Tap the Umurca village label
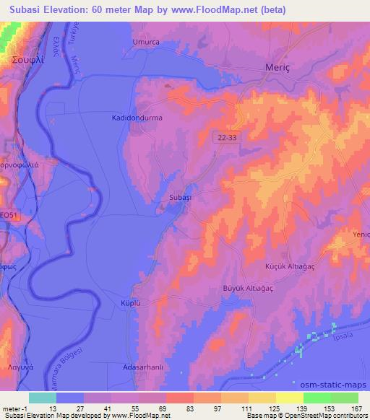tap(145, 43)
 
